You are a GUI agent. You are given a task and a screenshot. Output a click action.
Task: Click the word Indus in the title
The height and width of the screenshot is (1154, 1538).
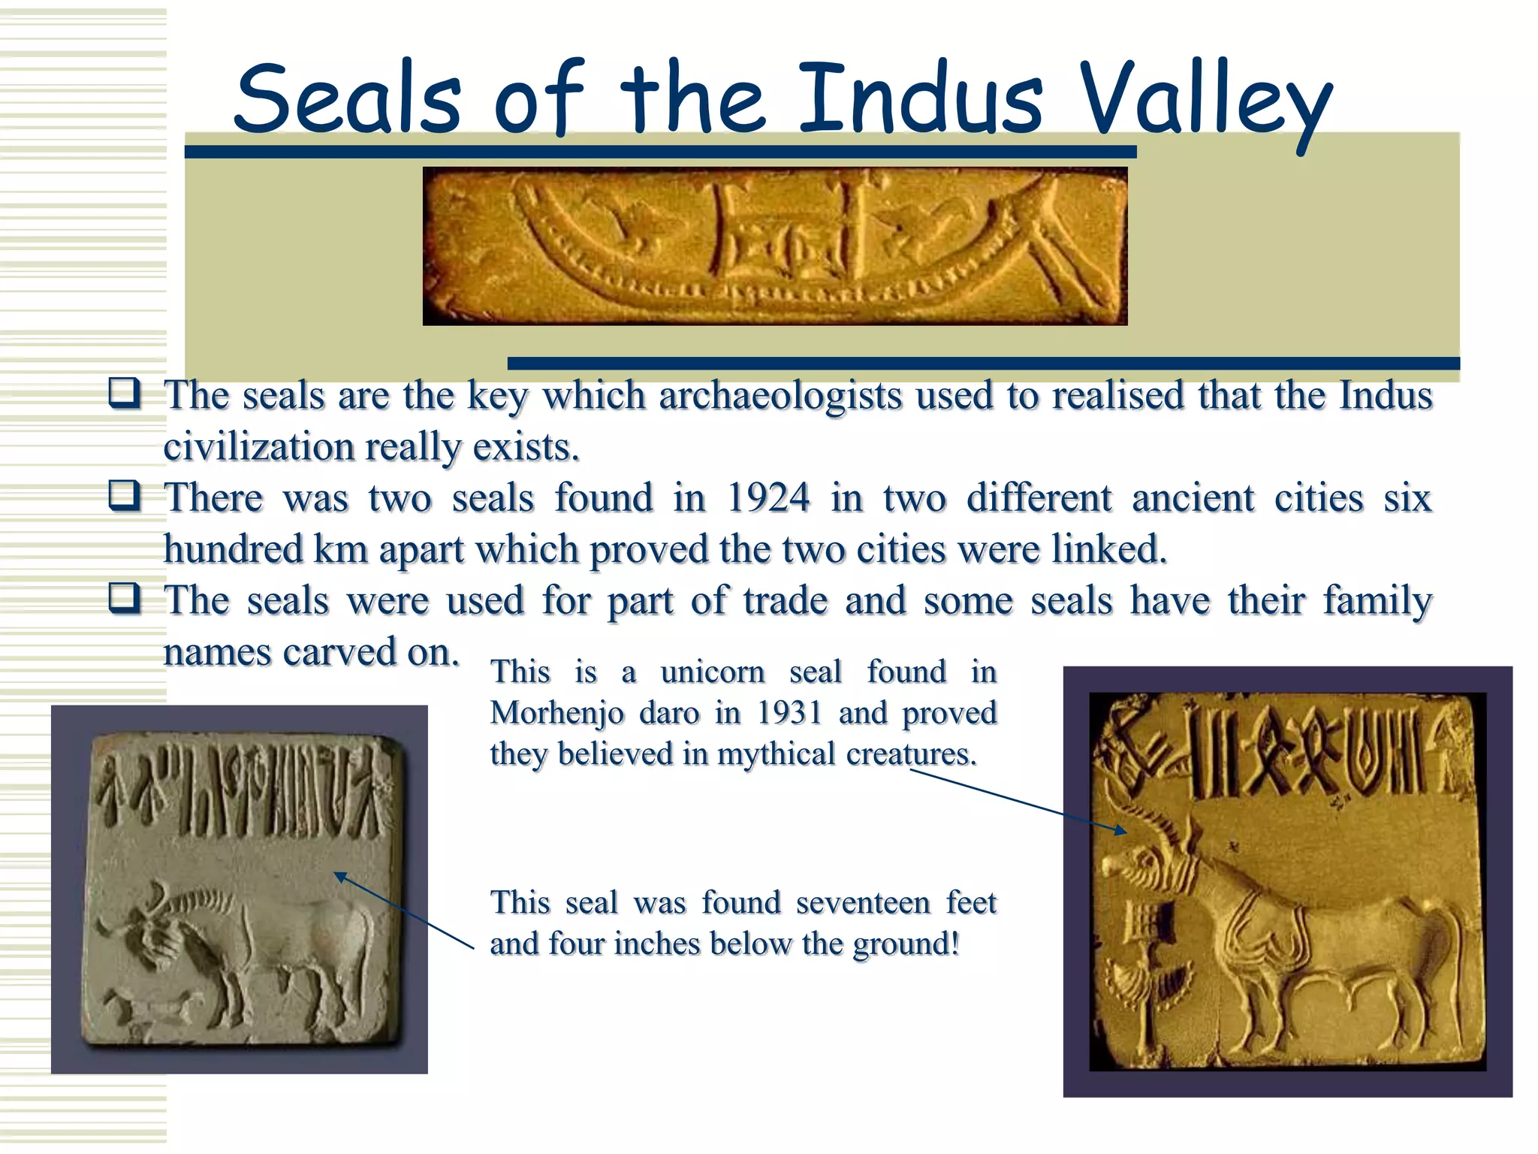[920, 98]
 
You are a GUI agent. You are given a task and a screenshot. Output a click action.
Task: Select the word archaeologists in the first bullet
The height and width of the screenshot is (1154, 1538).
[780, 395]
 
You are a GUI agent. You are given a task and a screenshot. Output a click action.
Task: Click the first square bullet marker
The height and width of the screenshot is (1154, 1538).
[124, 393]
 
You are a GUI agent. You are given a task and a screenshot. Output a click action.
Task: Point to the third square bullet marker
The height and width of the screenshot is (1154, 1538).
[124, 598]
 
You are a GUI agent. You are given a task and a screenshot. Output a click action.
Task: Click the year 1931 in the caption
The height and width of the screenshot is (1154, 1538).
[789, 712]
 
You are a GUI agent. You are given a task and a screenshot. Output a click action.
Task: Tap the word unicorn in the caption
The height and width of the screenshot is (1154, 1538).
[713, 672]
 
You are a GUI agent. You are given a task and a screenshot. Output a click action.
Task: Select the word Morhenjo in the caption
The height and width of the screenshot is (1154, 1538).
[556, 713]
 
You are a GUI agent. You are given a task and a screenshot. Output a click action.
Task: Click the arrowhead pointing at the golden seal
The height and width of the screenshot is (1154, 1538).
[1121, 830]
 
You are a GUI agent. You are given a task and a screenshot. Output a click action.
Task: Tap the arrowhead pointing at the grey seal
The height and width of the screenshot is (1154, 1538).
[340, 877]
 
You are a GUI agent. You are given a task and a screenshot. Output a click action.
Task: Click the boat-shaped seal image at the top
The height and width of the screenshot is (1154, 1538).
[774, 246]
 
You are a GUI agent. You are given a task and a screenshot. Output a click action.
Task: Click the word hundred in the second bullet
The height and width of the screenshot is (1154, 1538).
[233, 549]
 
